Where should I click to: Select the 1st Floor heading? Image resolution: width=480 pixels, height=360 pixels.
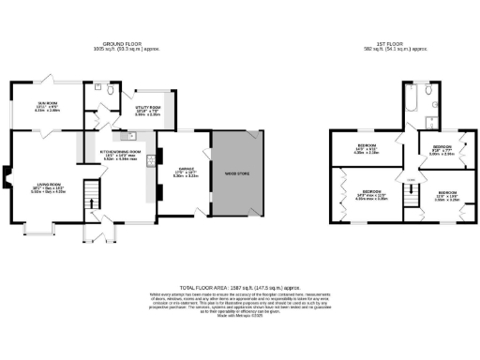(393, 44)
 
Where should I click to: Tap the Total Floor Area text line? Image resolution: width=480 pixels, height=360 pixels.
(239, 287)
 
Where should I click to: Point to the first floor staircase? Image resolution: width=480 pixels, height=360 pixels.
(409, 195)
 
